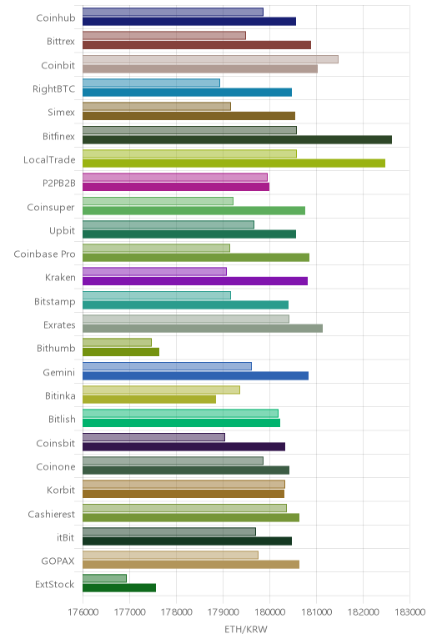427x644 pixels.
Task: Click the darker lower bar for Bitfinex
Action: (237, 140)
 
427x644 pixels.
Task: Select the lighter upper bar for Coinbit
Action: (210, 59)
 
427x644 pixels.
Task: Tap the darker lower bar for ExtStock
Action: (119, 588)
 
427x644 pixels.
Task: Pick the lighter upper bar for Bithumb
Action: (117, 343)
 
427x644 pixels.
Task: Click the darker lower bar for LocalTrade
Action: (234, 164)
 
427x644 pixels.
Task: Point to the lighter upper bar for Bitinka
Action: (161, 390)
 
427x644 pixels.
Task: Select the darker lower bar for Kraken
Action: (195, 281)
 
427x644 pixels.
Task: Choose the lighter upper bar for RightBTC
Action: (151, 83)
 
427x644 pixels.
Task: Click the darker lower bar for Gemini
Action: (195, 375)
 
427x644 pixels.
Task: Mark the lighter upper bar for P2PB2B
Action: (175, 178)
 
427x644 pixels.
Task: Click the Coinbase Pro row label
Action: (44, 254)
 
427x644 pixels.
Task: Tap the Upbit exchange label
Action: (62, 231)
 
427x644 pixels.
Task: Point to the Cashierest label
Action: (52, 514)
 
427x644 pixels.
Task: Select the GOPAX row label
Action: (58, 561)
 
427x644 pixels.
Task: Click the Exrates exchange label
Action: (59, 325)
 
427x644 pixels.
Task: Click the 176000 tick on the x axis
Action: (83, 612)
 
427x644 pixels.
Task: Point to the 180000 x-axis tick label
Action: (269, 612)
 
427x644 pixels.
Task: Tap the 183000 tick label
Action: (409, 612)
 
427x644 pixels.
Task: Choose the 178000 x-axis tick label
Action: (177, 612)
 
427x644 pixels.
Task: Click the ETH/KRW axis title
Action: (246, 629)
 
